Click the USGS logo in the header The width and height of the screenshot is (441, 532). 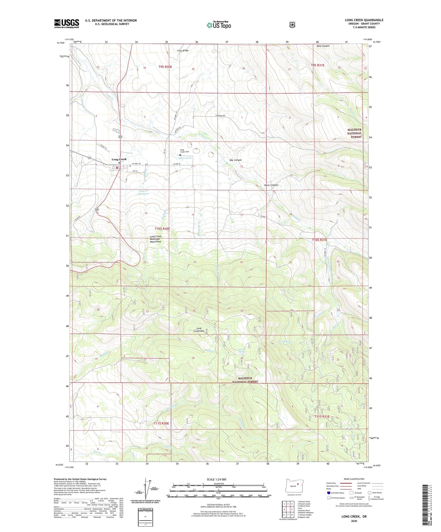[67, 23]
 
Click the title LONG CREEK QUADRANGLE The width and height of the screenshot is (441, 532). [364, 20]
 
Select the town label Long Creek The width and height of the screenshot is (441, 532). [119, 159]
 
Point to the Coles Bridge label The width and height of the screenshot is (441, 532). [183, 51]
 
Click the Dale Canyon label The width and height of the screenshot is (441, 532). [323, 46]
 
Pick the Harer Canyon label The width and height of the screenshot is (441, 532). [271, 185]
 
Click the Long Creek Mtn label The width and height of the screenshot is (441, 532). [200, 330]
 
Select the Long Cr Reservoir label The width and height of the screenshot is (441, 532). [143, 192]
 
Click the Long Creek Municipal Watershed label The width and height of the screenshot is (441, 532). [155, 239]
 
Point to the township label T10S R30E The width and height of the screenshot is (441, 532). [162, 229]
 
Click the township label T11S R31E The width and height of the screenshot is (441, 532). [322, 417]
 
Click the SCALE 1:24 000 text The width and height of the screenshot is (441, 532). [216, 480]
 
